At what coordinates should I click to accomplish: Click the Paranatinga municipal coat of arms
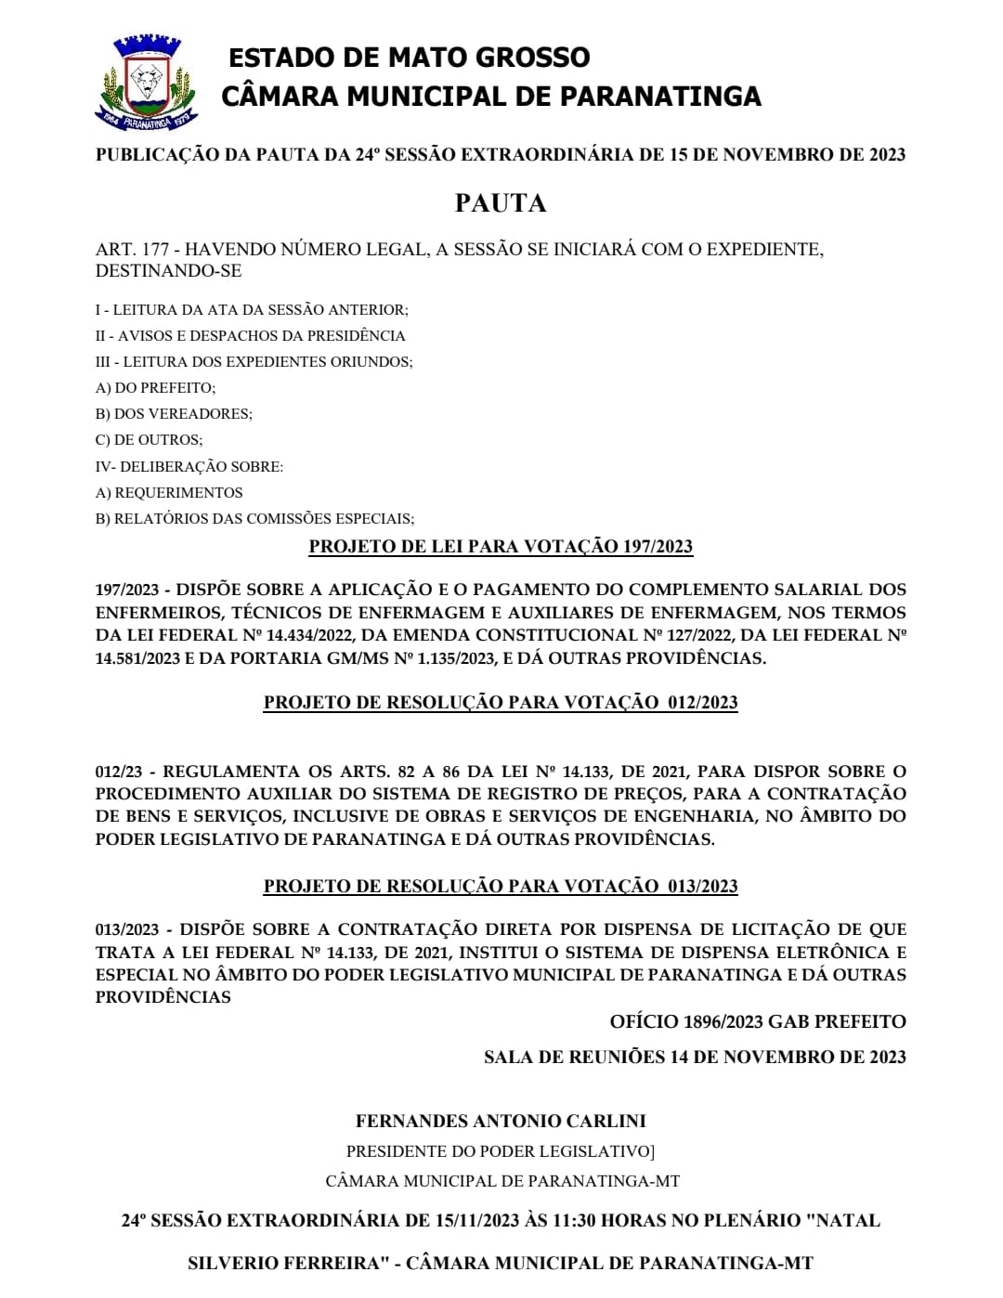pyautogui.click(x=146, y=84)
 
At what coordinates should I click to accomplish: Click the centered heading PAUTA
pyautogui.click(x=501, y=203)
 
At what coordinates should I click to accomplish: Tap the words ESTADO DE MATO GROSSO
pyautogui.click(x=409, y=58)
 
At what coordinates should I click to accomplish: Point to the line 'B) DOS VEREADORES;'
pyautogui.click(x=174, y=414)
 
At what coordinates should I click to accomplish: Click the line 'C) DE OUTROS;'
pyautogui.click(x=149, y=440)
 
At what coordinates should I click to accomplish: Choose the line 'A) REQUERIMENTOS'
pyautogui.click(x=169, y=493)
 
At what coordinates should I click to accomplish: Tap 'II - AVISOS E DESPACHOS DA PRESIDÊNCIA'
pyautogui.click(x=251, y=336)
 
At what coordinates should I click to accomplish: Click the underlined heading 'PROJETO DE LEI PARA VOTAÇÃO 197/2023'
pyautogui.click(x=501, y=547)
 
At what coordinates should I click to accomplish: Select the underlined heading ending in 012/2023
pyautogui.click(x=501, y=703)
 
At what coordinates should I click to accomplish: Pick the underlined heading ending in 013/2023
pyautogui.click(x=501, y=887)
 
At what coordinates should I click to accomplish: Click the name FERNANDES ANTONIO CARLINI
pyautogui.click(x=501, y=1122)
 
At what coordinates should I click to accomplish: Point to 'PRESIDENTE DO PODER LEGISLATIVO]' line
pyautogui.click(x=501, y=1152)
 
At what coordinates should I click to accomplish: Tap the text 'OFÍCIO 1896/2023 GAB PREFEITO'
pyautogui.click(x=758, y=1022)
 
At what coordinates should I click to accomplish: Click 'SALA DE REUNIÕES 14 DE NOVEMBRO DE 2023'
pyautogui.click(x=695, y=1058)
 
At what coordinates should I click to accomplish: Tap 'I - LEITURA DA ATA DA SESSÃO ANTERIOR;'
pyautogui.click(x=252, y=310)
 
